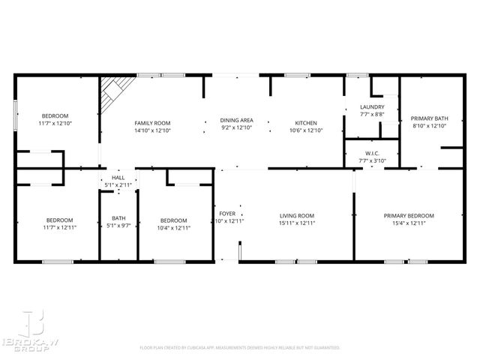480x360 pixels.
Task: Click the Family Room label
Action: [x=152, y=122]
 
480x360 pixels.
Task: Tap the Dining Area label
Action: [x=236, y=120]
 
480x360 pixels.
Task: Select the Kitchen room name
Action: [x=305, y=122]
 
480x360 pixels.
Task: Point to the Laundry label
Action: [x=372, y=107]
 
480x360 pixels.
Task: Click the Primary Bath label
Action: [x=429, y=118]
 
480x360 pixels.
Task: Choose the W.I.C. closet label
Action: [x=372, y=152]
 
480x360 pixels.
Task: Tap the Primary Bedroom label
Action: [x=409, y=215]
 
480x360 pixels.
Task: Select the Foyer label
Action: [x=226, y=213]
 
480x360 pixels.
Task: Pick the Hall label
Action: [x=118, y=177]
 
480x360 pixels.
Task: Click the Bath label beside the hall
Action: [x=118, y=218]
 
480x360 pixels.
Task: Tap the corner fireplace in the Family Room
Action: [x=114, y=91]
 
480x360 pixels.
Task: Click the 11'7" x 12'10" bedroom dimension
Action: [x=55, y=123]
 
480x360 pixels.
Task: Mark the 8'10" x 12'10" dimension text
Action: [x=429, y=126]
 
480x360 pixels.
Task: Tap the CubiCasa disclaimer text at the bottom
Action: [x=240, y=348]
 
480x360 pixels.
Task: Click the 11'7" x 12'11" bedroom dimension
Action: [x=59, y=227]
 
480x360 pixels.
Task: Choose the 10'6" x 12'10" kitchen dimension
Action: [x=305, y=130]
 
